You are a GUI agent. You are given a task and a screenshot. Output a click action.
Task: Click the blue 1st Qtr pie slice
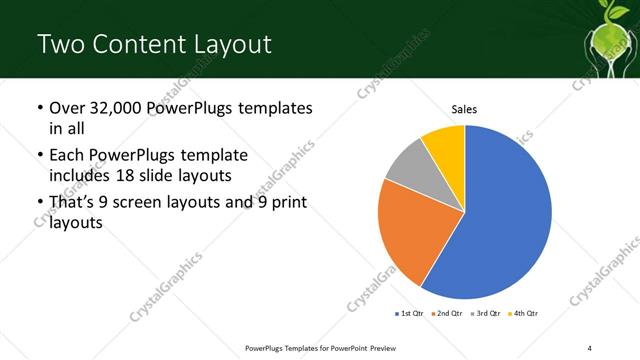tap(500, 220)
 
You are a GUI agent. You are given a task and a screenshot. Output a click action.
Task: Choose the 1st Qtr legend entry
tap(410, 314)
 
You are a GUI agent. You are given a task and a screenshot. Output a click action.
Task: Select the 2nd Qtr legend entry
tap(448, 314)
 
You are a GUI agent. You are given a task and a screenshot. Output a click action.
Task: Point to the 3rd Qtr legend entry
tap(487, 314)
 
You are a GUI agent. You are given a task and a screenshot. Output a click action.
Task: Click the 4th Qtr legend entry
tap(525, 314)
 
